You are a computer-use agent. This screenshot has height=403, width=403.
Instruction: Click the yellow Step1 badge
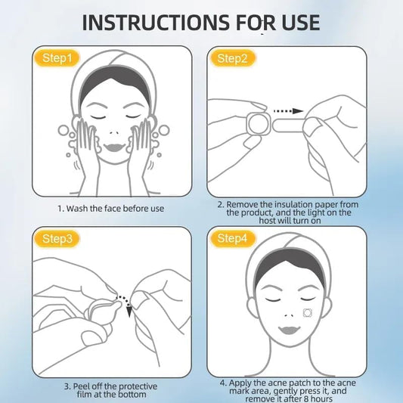[58, 57]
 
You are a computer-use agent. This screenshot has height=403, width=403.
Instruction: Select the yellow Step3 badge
[58, 239]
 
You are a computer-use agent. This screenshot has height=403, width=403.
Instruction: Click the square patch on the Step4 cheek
[308, 312]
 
